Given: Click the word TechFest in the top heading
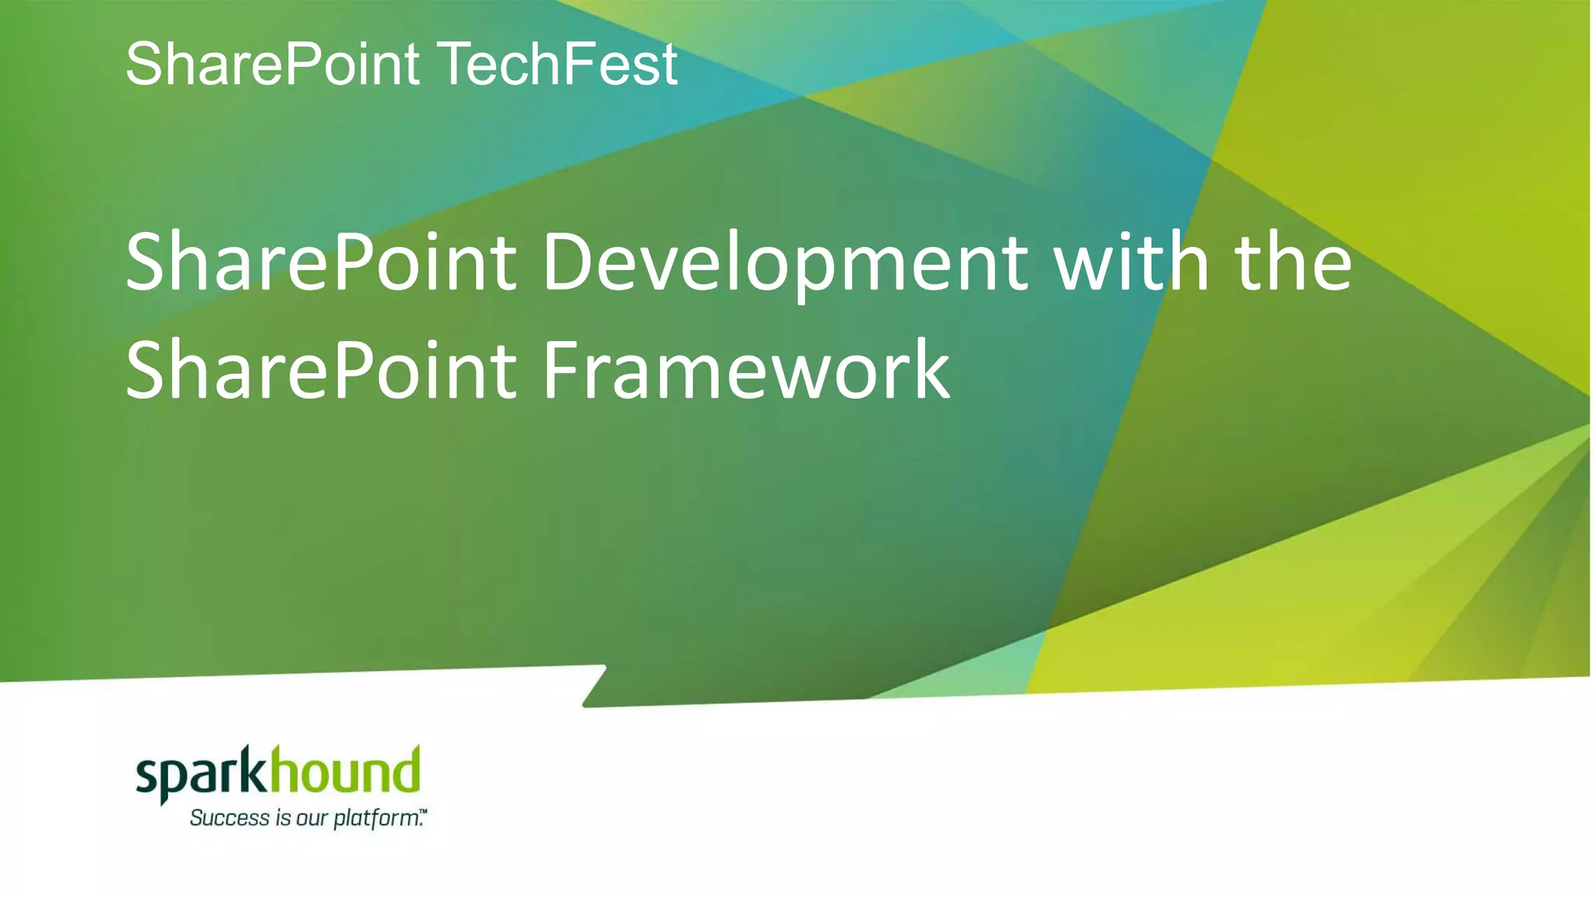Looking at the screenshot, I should (x=559, y=64).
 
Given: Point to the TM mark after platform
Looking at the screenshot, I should (x=424, y=812).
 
